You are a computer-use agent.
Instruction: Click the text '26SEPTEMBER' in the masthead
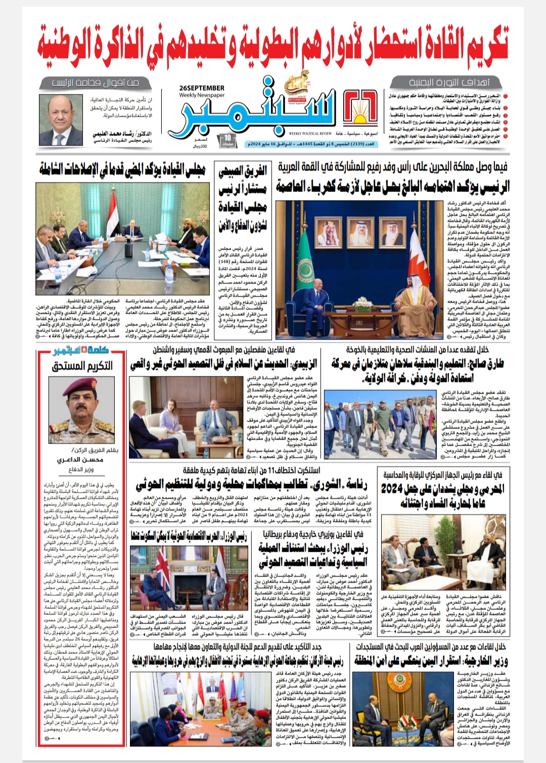click(x=201, y=88)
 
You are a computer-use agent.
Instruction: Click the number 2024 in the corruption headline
click(x=398, y=489)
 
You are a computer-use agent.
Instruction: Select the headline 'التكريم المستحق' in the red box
click(x=82, y=366)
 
